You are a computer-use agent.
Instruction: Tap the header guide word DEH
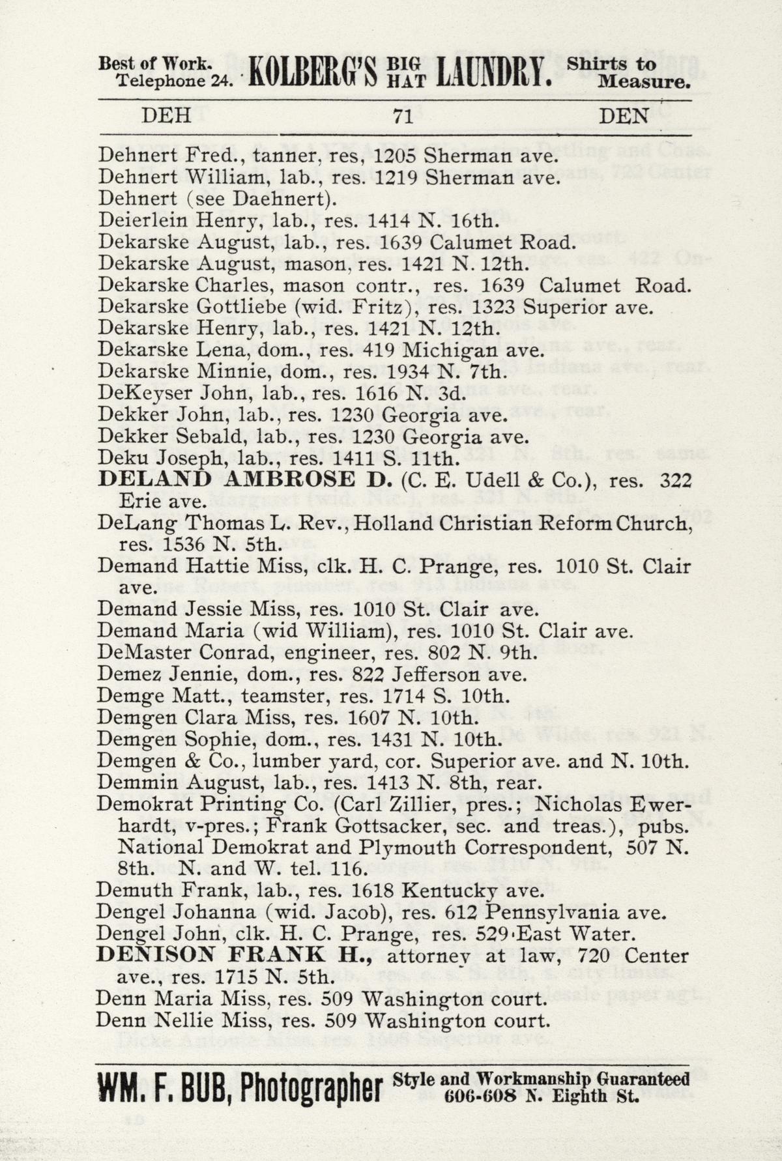[166, 116]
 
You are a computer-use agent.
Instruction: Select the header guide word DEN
[624, 116]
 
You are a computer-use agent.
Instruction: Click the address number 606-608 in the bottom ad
[480, 1096]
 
